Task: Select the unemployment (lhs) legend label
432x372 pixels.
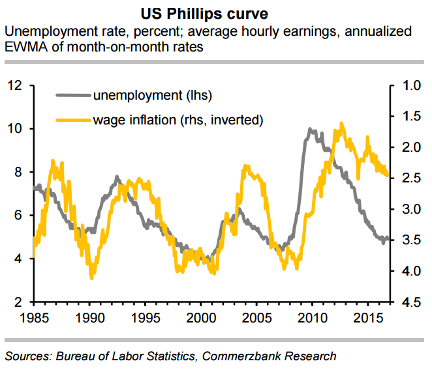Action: tap(153, 96)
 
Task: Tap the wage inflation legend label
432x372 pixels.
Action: tap(177, 119)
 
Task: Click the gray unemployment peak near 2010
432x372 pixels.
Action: tap(309, 129)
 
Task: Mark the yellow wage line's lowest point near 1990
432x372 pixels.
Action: tap(91, 278)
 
